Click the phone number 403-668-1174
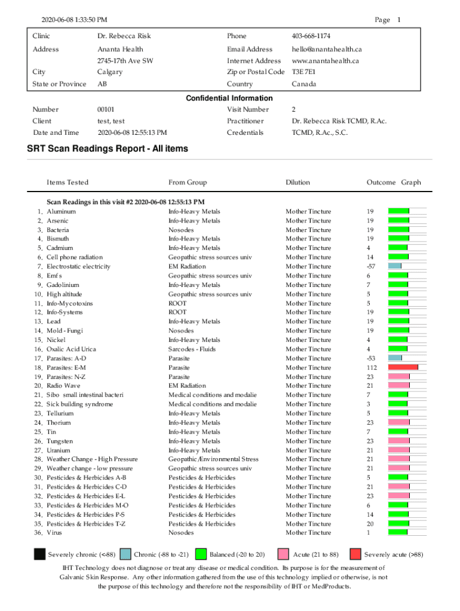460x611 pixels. click(x=311, y=36)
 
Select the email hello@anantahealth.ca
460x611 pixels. click(x=327, y=49)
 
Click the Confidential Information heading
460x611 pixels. click(x=229, y=98)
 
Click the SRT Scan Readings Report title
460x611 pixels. click(x=108, y=149)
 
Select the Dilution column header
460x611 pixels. click(x=298, y=183)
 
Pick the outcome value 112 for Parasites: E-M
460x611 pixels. click(x=372, y=368)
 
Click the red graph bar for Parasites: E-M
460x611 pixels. click(x=403, y=368)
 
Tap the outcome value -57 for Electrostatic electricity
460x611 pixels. click(x=371, y=266)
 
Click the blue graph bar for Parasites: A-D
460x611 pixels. click(x=395, y=358)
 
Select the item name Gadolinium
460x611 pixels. click(x=63, y=285)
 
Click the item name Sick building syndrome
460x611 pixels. click(x=79, y=404)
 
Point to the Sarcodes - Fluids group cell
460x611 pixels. click(x=192, y=349)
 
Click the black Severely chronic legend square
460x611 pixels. click(x=39, y=554)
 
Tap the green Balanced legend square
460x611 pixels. click(x=201, y=554)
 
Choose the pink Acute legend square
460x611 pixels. click(x=284, y=554)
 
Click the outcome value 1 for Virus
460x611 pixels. click(x=369, y=533)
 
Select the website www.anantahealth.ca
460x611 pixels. click(x=325, y=61)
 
